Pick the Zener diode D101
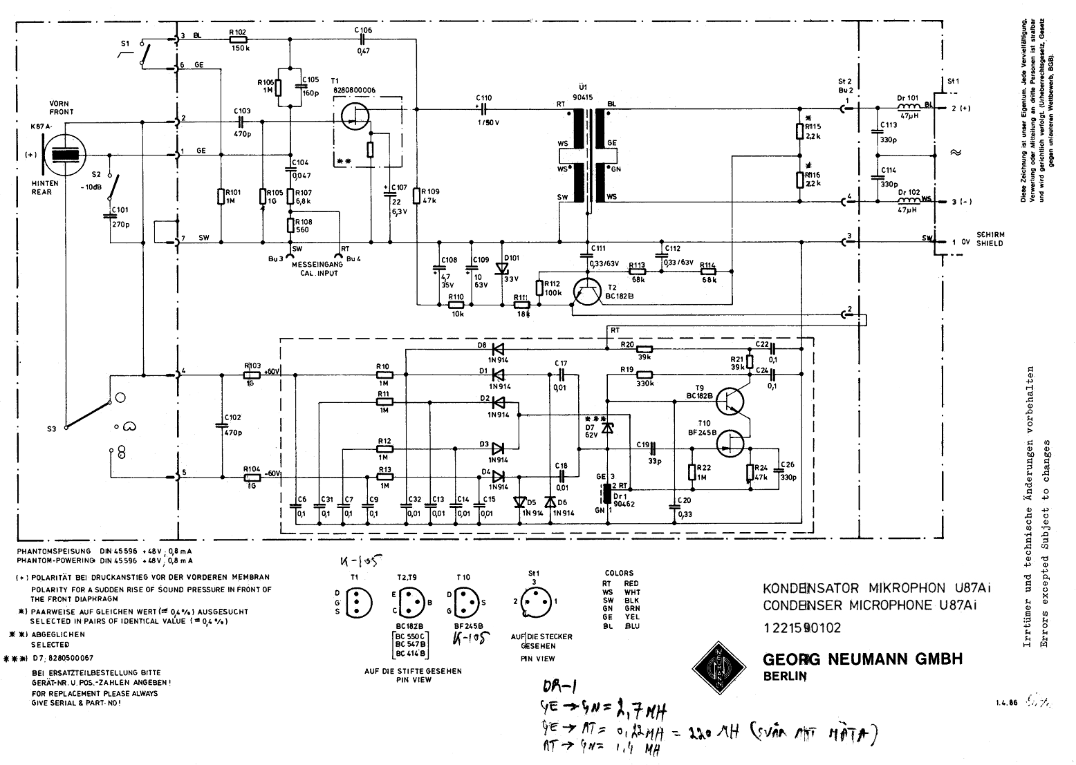tap(502, 269)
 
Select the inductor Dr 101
tap(907, 108)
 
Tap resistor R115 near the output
tap(799, 132)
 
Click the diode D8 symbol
tap(497, 348)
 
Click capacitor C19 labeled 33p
tap(651, 448)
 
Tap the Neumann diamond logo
tap(718, 665)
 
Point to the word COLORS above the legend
tap(618, 573)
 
